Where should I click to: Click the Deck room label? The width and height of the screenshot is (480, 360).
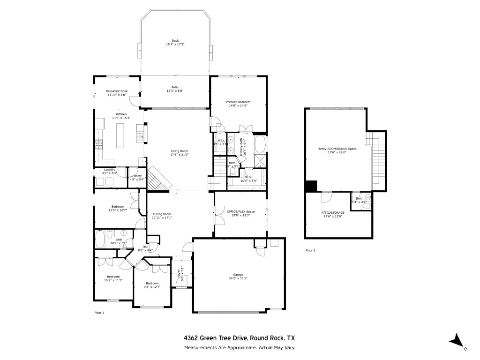tap(175, 41)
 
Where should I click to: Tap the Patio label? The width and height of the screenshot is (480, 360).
tap(175, 87)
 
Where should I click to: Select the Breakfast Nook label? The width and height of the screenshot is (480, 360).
tap(117, 91)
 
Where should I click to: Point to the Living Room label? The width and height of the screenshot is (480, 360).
tap(179, 151)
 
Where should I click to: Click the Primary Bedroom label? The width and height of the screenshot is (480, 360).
tap(238, 102)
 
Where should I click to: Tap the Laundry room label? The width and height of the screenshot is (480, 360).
tap(110, 169)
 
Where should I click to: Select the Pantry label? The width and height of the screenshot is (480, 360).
tap(137, 175)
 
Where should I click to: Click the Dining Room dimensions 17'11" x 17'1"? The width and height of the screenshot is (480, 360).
tap(162, 218)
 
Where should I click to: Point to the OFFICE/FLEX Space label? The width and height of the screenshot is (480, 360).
tap(240, 212)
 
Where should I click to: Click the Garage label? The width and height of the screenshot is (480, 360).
tap(238, 275)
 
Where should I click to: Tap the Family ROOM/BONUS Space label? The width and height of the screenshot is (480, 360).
tap(337, 149)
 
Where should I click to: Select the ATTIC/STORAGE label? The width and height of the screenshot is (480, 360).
tap(333, 212)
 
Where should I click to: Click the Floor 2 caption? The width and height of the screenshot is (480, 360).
tap(310, 250)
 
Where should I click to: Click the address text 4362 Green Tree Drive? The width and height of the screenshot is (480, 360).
tap(215, 338)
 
